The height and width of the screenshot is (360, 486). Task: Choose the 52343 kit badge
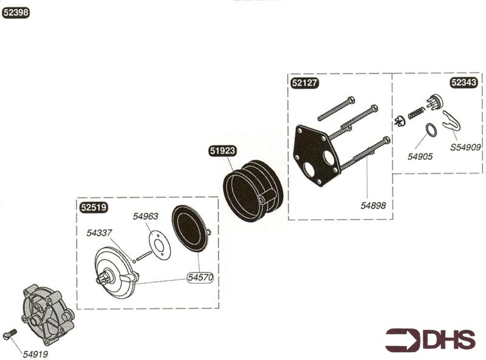click(464, 83)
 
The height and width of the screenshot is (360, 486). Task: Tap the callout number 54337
click(99, 232)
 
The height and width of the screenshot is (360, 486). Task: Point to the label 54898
click(373, 206)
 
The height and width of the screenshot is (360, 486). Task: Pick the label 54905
click(420, 156)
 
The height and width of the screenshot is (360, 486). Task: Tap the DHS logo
click(431, 339)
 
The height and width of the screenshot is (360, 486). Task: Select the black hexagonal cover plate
click(316, 154)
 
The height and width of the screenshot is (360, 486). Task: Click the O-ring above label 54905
click(430, 131)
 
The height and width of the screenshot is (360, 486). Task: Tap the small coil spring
click(416, 112)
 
